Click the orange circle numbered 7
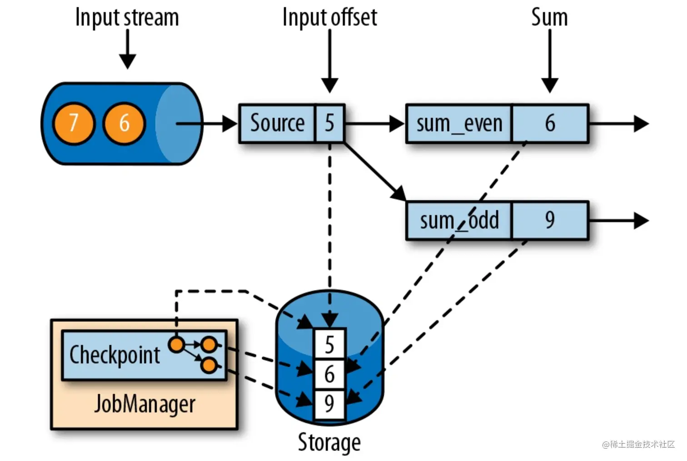click(x=74, y=123)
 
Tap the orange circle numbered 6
click(x=124, y=123)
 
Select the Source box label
click(x=277, y=123)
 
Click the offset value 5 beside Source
click(x=329, y=123)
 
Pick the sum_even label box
click(x=459, y=124)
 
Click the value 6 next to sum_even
click(x=550, y=124)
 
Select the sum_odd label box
click(x=459, y=221)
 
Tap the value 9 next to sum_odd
click(x=550, y=221)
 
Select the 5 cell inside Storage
click(x=329, y=344)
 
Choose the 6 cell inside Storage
click(x=329, y=374)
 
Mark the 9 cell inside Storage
click(x=329, y=404)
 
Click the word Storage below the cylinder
click(x=329, y=442)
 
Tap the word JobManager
click(x=144, y=404)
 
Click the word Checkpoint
click(x=114, y=355)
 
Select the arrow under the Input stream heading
click(x=127, y=50)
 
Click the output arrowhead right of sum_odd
click(x=641, y=221)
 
